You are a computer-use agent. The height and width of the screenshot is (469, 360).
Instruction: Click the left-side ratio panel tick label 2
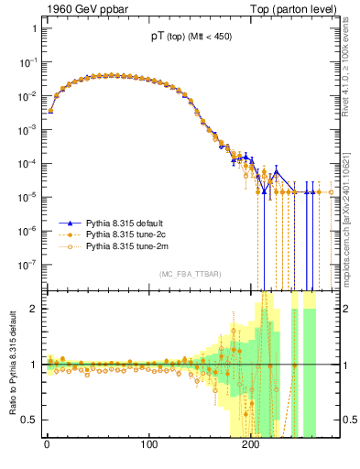[33, 309]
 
